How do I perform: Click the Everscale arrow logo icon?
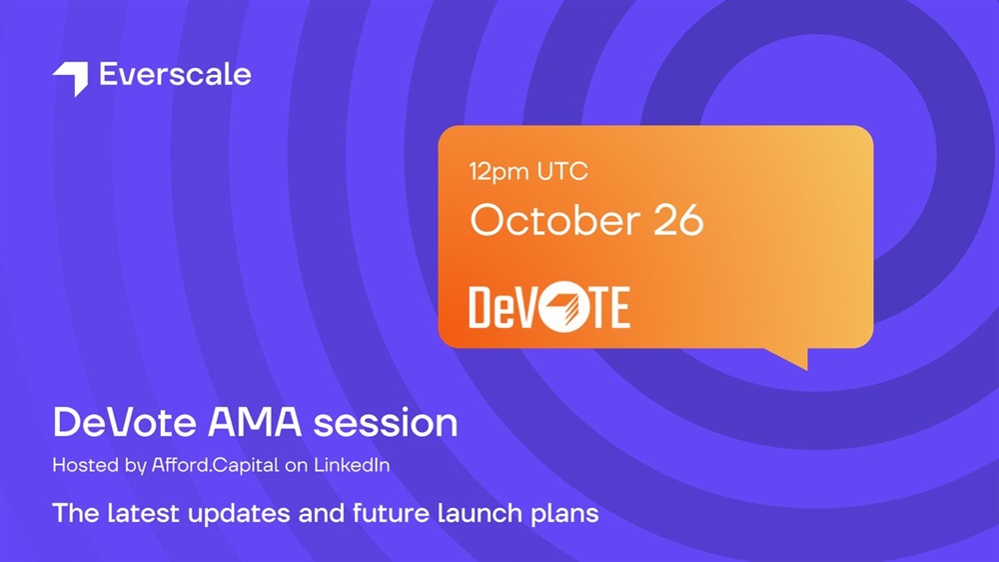pyautogui.click(x=71, y=78)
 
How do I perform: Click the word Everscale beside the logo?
pyautogui.click(x=175, y=74)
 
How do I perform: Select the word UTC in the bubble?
pyautogui.click(x=561, y=171)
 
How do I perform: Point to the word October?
pyautogui.click(x=554, y=220)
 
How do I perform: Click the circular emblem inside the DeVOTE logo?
pyautogui.click(x=560, y=307)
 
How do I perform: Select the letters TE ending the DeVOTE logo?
pyautogui.click(x=607, y=307)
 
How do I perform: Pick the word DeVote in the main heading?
pyautogui.click(x=124, y=422)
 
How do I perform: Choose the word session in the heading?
pyautogui.click(x=386, y=424)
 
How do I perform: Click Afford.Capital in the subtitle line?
pyautogui.click(x=216, y=465)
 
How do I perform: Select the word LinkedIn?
pyautogui.click(x=351, y=464)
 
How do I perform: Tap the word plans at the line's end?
pyautogui.click(x=565, y=515)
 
